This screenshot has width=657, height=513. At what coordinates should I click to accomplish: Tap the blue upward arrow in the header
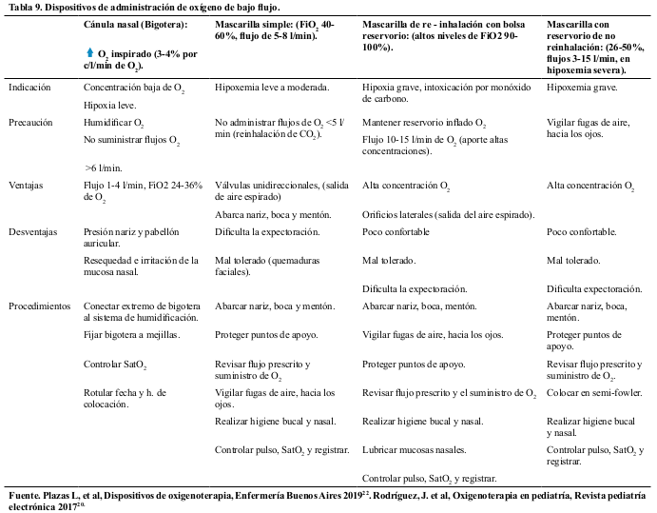click(88, 53)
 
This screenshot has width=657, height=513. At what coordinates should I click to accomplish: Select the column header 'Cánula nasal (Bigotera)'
click(136, 22)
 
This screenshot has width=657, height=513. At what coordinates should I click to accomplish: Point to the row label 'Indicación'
click(30, 88)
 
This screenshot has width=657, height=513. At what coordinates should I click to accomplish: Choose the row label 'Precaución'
click(30, 123)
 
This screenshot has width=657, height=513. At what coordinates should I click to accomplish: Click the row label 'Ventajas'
click(26, 186)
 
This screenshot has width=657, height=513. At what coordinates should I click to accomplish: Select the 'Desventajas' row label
click(33, 231)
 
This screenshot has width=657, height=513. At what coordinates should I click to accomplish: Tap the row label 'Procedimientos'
click(39, 306)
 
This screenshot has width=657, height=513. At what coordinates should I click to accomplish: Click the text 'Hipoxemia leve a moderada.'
click(272, 88)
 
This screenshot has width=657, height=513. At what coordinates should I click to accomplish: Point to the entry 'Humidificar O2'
click(113, 123)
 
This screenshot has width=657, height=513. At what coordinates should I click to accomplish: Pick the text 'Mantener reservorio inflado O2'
click(424, 123)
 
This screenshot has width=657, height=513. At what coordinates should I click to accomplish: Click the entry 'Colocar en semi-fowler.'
click(595, 392)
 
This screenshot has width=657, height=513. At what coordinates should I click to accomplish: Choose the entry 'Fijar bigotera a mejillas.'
click(131, 335)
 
